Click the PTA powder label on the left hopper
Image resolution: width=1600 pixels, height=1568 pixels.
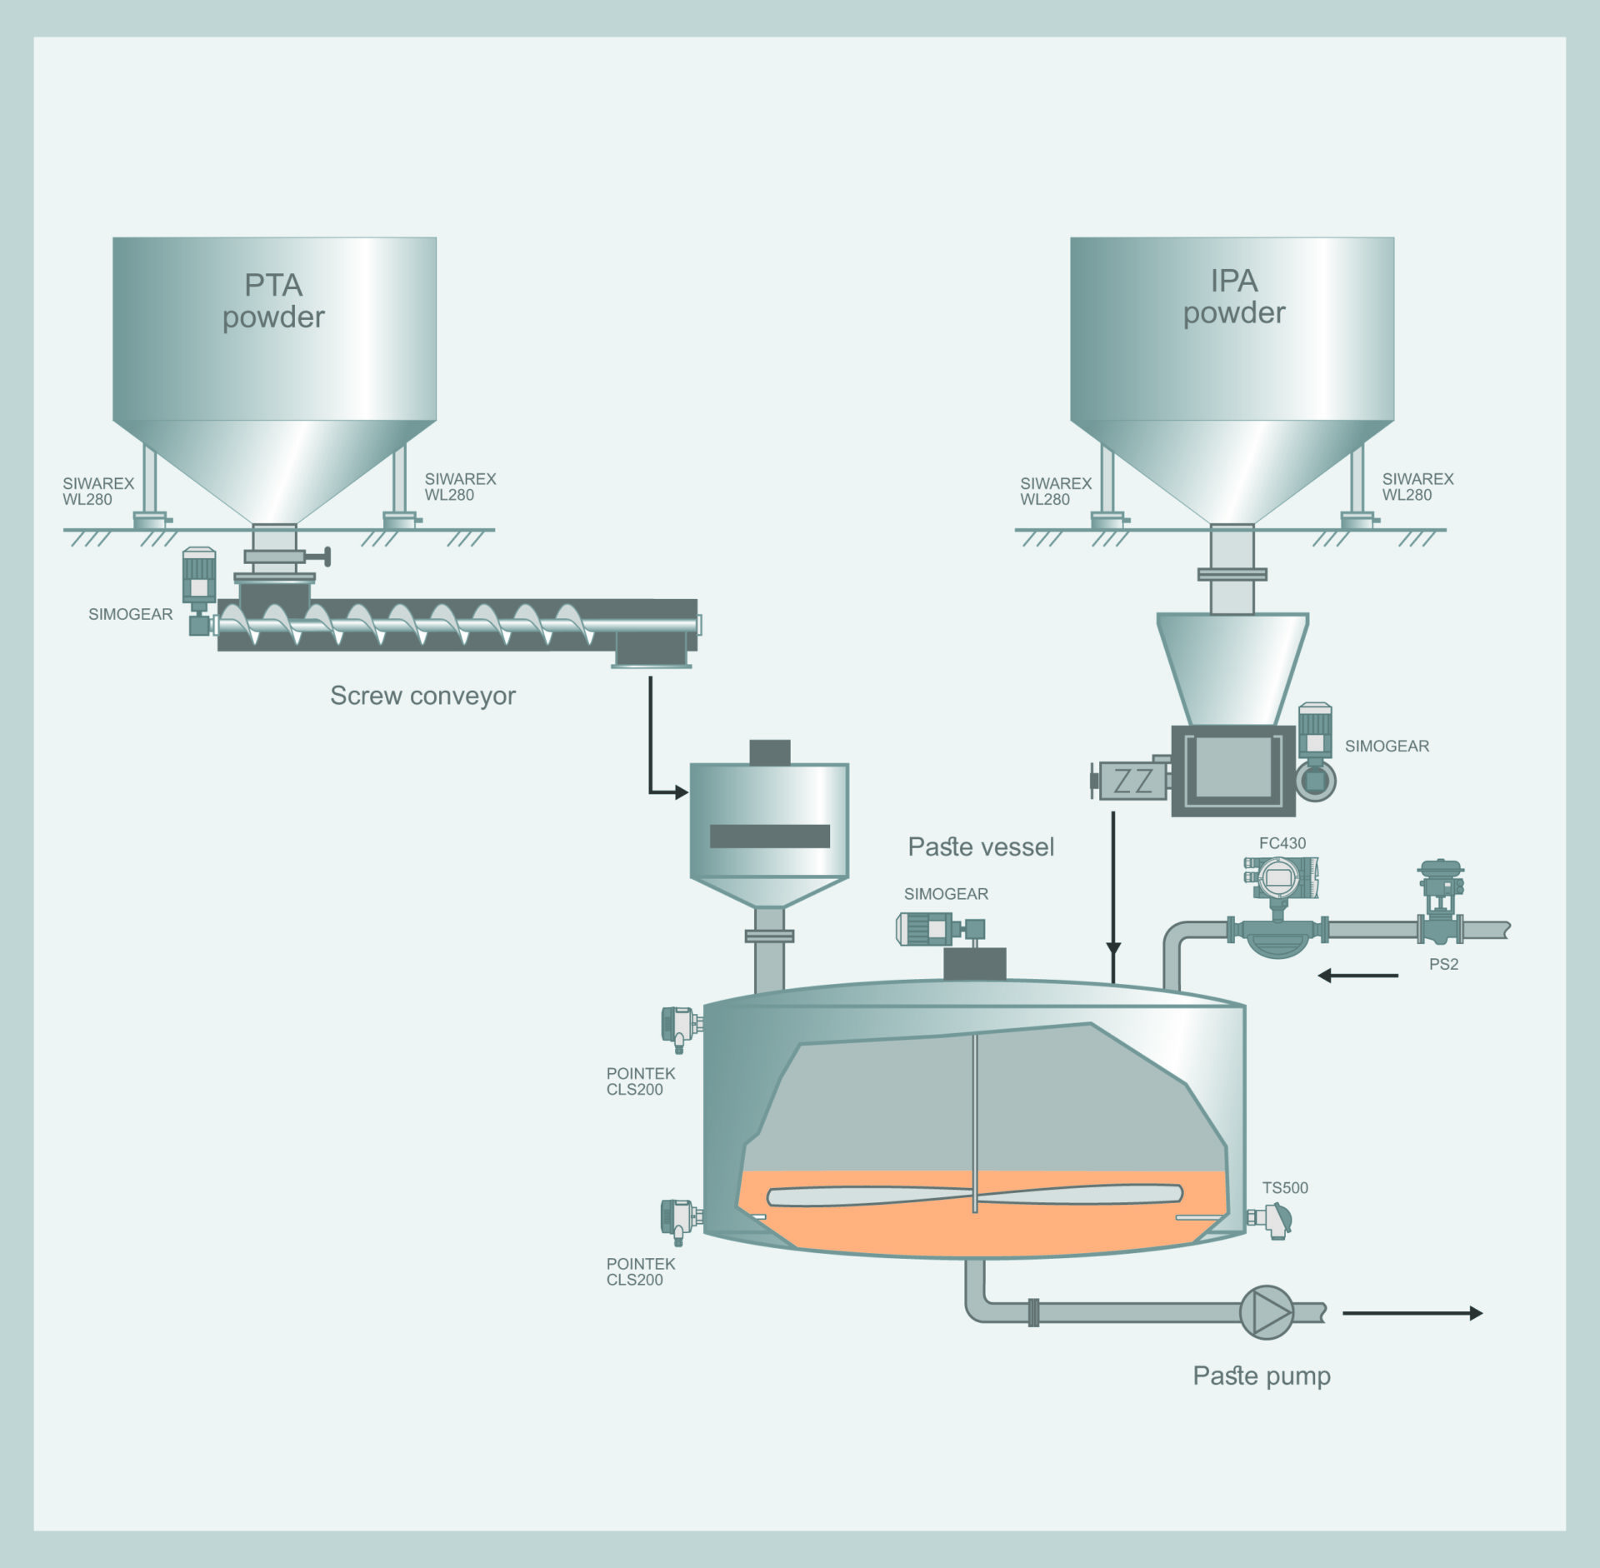(273, 301)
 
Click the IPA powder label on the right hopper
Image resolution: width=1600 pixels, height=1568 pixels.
(1233, 297)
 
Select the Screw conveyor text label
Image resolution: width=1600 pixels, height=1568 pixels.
(422, 696)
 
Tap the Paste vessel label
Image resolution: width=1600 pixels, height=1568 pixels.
(981, 847)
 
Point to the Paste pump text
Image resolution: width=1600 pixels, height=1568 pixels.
(1261, 1376)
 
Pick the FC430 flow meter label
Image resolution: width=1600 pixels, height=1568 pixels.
(1282, 843)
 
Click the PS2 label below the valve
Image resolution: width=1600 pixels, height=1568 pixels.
(1443, 964)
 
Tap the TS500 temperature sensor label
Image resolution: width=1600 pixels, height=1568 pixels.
(1284, 1188)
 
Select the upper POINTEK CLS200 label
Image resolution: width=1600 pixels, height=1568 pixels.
(640, 1081)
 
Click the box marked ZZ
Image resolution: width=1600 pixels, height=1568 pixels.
(1132, 782)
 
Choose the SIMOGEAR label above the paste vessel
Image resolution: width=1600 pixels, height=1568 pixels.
(946, 894)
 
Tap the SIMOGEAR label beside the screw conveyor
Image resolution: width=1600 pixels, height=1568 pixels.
(131, 614)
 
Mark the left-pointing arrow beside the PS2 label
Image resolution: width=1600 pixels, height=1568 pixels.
(1357, 975)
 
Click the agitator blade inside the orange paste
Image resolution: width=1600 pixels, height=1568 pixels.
(974, 1196)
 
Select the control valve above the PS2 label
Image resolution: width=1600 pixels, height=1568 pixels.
(1441, 905)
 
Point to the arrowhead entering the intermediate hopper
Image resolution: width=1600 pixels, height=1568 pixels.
(681, 792)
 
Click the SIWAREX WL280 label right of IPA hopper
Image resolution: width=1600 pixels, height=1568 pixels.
(1417, 487)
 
